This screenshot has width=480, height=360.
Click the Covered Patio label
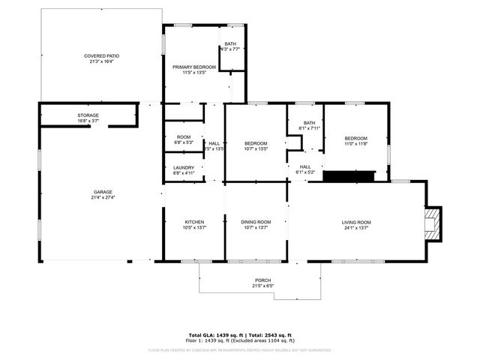click(x=101, y=56)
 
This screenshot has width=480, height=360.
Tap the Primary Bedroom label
click(x=194, y=67)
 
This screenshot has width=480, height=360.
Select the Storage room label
click(x=88, y=115)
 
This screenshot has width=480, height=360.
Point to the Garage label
click(x=102, y=192)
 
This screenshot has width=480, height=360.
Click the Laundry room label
click(x=184, y=167)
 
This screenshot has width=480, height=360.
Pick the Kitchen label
click(x=195, y=222)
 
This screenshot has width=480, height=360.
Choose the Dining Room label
click(x=256, y=222)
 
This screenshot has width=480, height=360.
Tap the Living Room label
click(x=356, y=222)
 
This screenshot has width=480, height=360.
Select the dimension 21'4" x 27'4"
click(x=102, y=197)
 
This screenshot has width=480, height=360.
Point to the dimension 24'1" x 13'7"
click(x=356, y=227)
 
